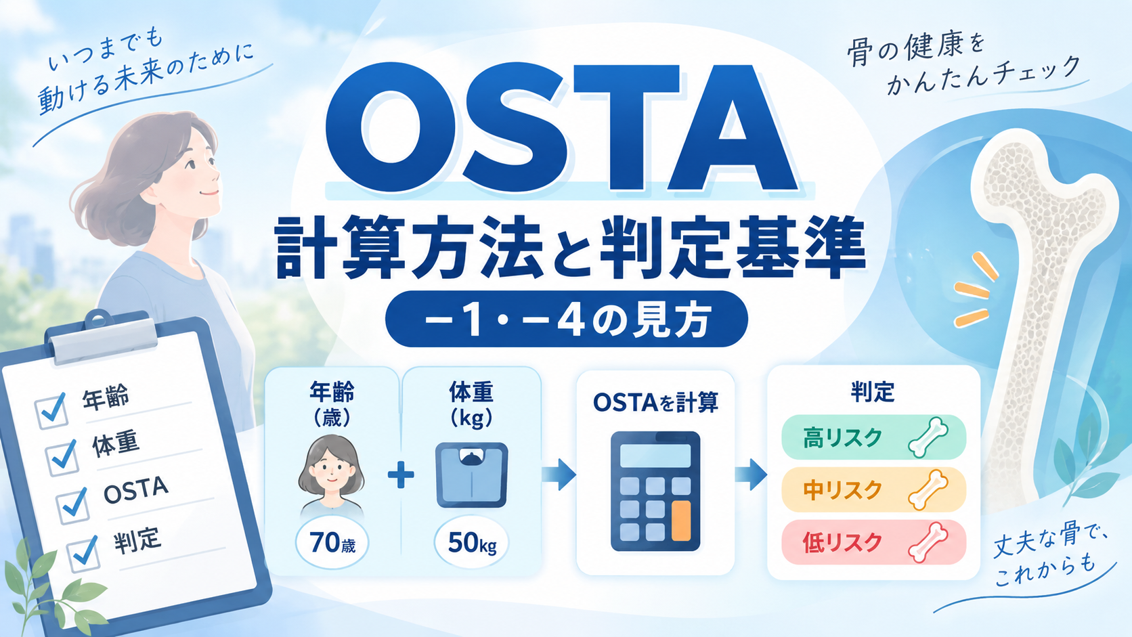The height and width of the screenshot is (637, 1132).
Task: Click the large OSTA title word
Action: [x=562, y=129]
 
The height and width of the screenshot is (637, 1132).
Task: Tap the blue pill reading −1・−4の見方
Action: [x=567, y=319]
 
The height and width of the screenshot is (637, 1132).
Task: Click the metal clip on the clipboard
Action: [x=103, y=335]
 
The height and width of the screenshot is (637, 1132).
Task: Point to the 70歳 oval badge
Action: [x=332, y=543]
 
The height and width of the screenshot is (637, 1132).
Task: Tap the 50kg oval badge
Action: [x=471, y=543]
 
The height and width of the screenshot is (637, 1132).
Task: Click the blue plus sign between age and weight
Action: [x=401, y=475]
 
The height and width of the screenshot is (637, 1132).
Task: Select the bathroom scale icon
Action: [x=471, y=475]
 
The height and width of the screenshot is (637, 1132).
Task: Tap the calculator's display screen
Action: [x=655, y=456]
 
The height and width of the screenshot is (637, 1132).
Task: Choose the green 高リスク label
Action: [x=874, y=437]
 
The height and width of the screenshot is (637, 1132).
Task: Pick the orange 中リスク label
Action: [x=874, y=489]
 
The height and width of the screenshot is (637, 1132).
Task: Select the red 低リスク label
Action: [x=874, y=542]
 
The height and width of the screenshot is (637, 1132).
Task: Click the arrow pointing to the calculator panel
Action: [x=559, y=475]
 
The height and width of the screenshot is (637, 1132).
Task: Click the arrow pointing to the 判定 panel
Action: [x=751, y=475]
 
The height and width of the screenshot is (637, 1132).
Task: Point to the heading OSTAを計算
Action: [x=655, y=403]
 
